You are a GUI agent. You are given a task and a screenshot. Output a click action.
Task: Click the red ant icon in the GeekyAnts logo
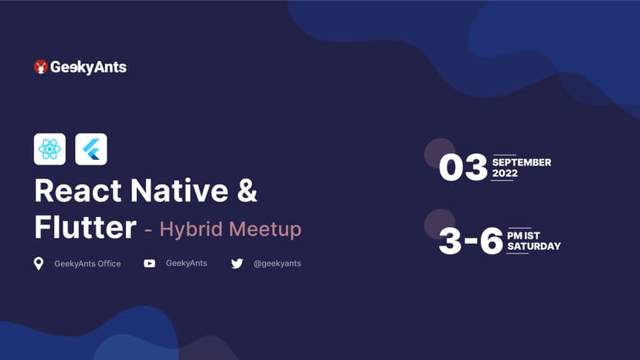pos(41,67)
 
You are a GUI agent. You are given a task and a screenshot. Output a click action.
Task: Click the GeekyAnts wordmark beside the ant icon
pos(88,67)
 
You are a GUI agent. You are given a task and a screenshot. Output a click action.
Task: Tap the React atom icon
pos(49,149)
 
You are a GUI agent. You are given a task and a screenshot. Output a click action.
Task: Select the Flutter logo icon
pos(91,149)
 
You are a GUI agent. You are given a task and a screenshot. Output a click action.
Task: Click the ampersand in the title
pos(247,191)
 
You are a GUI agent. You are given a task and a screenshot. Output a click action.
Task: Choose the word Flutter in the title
pos(85,228)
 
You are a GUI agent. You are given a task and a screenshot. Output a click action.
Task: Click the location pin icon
pos(39,264)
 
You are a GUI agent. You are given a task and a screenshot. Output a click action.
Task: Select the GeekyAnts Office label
pos(87,264)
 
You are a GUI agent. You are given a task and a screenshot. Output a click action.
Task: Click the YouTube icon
pos(150,263)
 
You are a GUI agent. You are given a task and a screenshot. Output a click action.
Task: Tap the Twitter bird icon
pos(237,263)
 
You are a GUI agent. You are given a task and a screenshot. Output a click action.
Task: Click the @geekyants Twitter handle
pos(277,263)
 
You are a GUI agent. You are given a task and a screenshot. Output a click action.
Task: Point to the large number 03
pos(463,168)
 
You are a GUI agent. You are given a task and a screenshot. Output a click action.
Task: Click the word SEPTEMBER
pos(522,163)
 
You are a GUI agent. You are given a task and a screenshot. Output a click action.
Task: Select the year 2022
pos(505,174)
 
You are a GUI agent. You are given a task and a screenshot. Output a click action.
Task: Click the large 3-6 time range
pos(471,242)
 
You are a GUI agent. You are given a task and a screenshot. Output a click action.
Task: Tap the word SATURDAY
pos(533,246)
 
